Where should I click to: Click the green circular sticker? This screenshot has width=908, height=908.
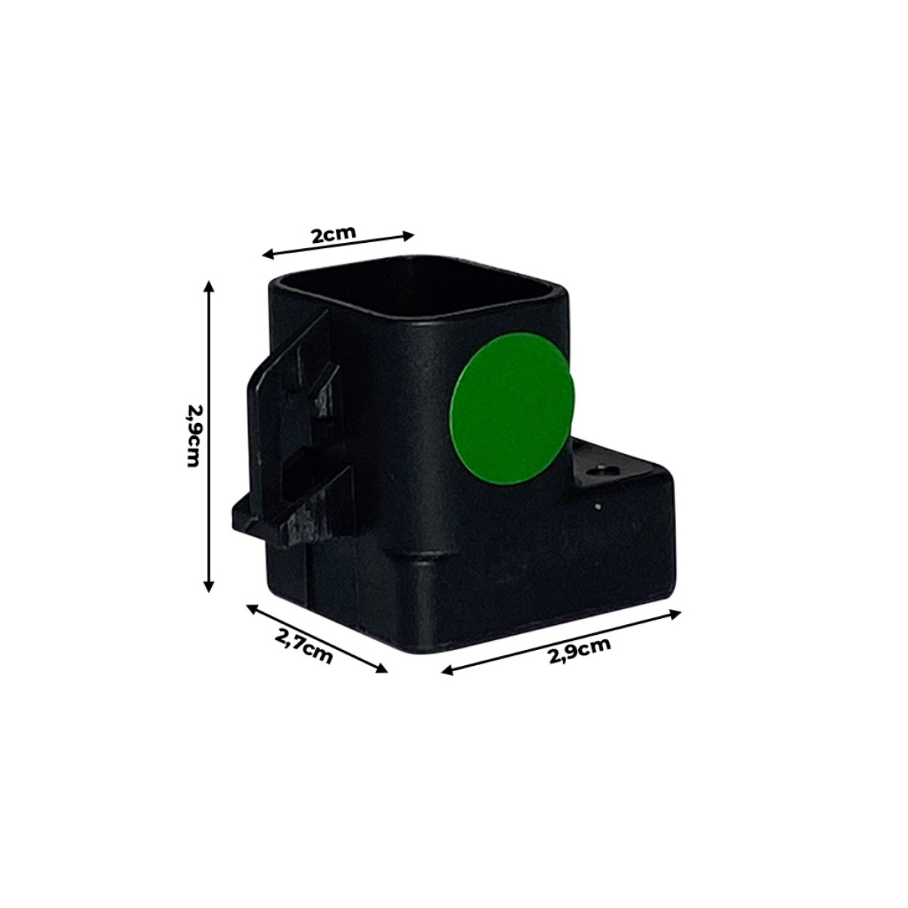[x=512, y=409]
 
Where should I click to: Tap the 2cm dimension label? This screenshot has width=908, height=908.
[x=334, y=234]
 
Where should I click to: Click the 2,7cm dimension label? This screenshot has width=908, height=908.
[x=303, y=646]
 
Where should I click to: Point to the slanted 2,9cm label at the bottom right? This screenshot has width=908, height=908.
[x=580, y=650]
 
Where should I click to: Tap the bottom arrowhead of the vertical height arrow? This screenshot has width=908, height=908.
[x=209, y=586]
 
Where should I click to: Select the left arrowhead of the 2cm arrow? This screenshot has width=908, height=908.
[x=268, y=255]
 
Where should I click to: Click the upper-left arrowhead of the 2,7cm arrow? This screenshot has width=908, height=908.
[x=252, y=608]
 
